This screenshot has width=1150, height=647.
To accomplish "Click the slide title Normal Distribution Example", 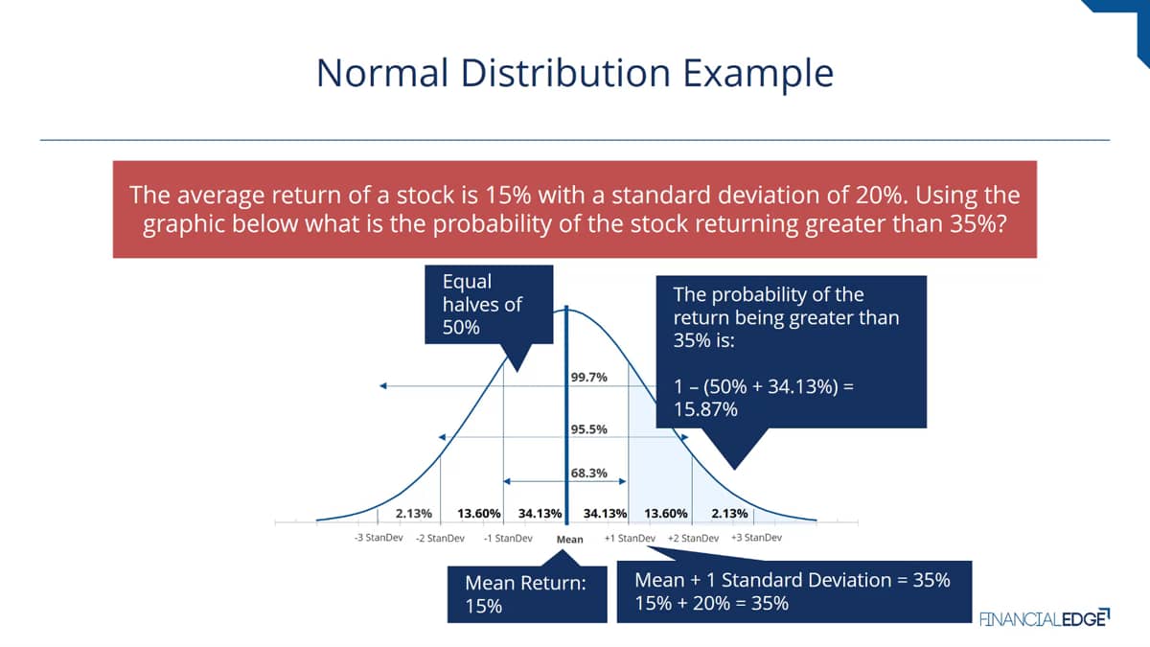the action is coord(575,74).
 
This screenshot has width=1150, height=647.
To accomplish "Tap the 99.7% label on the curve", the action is coord(588,378).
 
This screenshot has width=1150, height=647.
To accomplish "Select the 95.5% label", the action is coord(588,429).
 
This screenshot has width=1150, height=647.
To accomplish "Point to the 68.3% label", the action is coord(588,473).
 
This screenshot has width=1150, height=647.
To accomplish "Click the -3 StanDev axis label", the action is coord(379,538).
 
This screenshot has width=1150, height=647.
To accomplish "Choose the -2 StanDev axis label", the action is coord(440,538).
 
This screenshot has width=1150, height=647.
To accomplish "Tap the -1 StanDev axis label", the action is coord(508,538).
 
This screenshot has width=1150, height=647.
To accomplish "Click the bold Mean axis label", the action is coord(570,539).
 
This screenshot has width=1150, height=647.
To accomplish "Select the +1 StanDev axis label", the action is coord(630,538).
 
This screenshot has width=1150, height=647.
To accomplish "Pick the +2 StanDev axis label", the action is coord(693,538).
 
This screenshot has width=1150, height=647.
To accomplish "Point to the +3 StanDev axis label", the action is coord(756,538).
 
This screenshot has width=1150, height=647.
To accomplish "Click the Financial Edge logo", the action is coord(1045,617).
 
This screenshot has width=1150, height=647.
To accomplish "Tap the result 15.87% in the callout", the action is coord(705,409).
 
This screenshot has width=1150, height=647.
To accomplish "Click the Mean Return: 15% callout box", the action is coord(527,594).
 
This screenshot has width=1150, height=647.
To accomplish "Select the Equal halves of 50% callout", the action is coord(489,305).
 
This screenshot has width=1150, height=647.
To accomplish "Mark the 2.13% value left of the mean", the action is coord(414,514).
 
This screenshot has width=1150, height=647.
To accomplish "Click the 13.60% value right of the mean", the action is coord(666,514).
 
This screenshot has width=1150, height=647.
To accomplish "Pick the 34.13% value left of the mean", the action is coord(540,514).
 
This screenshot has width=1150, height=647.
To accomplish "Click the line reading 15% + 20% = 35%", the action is coord(711,603).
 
